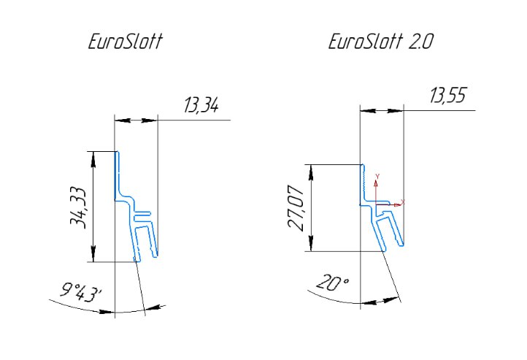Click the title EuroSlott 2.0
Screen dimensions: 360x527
coord(380,42)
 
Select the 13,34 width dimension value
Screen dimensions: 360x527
coord(201,107)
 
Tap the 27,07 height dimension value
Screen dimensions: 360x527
coord(296,208)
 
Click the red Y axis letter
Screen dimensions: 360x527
coord(377,177)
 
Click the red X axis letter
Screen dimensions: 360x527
coord(402,202)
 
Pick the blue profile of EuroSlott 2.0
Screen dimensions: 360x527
coord(381,219)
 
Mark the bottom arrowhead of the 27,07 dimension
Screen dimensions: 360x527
coord(312,246)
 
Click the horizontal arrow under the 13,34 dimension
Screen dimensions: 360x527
coord(136,120)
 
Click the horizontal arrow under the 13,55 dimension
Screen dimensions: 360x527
coord(381,110)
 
